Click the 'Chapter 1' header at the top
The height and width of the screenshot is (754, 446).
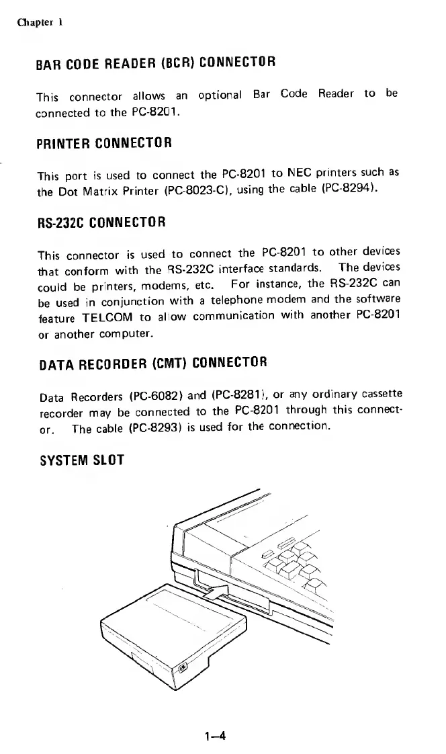coord(40,21)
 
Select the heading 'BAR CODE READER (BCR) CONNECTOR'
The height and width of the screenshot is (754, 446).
coord(156,65)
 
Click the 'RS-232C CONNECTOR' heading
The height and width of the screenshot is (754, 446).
coord(101,221)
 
